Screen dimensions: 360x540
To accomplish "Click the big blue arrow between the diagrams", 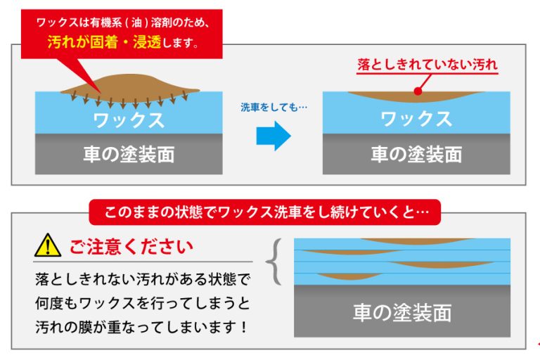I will click(x=273, y=136).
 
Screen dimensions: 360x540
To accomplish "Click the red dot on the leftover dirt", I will click(x=418, y=91).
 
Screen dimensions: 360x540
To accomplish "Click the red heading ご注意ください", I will click(x=130, y=247).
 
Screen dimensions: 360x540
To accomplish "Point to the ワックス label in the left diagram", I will click(x=129, y=119).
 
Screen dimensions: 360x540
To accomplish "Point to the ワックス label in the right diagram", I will click(x=416, y=119).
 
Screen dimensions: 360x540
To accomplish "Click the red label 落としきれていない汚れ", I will click(x=427, y=65).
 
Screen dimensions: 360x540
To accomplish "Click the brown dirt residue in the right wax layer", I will click(x=416, y=96).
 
